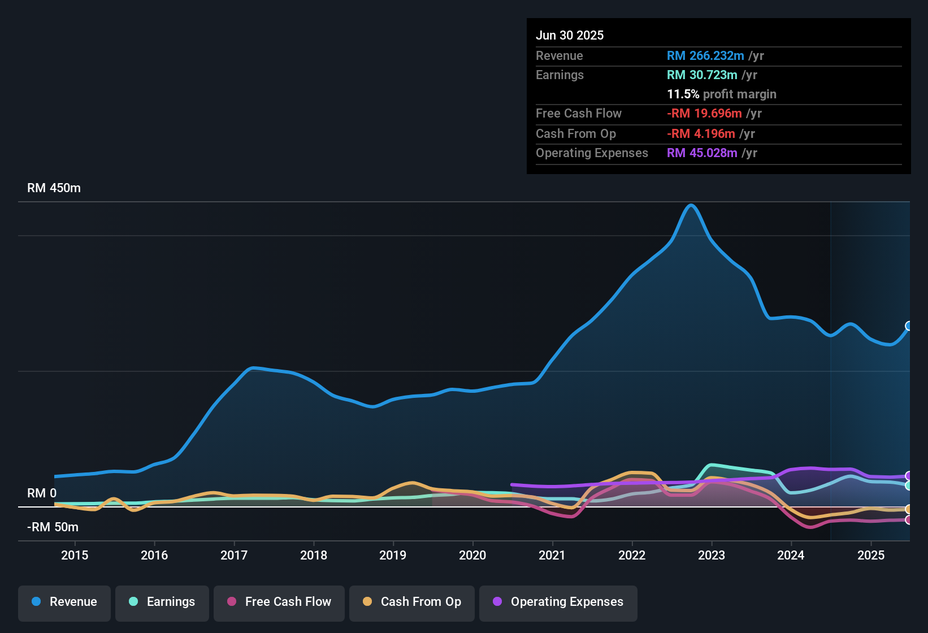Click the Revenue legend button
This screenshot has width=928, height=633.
coord(64,602)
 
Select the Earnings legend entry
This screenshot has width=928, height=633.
coord(162,602)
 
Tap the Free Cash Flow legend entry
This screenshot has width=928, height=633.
coord(279,602)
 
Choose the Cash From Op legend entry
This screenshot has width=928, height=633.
coord(412,602)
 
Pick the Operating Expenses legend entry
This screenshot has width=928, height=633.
coord(558,602)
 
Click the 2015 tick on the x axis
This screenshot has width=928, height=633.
coord(75,555)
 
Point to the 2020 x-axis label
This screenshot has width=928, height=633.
coord(472,555)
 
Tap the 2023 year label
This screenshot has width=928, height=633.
coord(712,555)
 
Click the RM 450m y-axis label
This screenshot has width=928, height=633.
coord(54,188)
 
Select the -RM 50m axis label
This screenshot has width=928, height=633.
coord(53,527)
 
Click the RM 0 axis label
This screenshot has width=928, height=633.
coord(42,493)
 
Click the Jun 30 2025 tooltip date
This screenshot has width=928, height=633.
coord(570,36)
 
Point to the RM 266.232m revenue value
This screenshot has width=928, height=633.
coord(705,56)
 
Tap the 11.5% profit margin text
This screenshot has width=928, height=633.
coord(722,94)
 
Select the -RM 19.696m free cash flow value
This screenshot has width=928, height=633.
coord(704,114)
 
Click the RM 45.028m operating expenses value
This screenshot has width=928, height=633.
coord(702,153)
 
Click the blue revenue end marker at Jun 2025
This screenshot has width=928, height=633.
coord(909,326)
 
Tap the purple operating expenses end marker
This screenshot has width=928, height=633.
coord(909,476)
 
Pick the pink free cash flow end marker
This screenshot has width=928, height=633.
coord(909,520)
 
